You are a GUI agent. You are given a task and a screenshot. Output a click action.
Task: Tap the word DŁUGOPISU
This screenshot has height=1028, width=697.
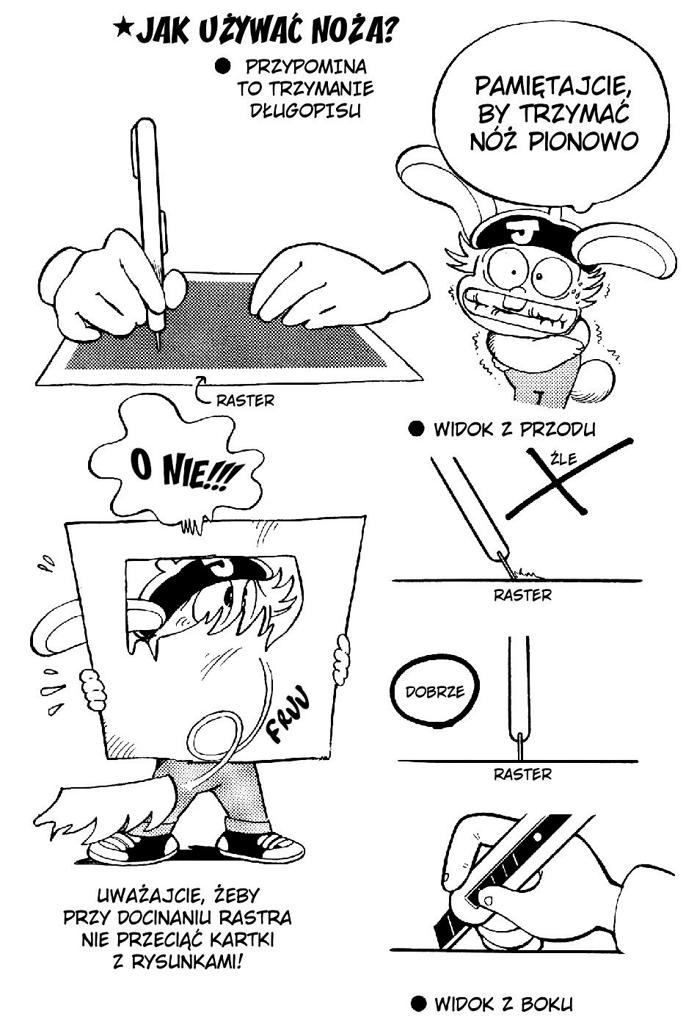pos(305,111)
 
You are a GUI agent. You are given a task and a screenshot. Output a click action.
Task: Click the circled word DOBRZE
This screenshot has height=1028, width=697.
pos(434,692)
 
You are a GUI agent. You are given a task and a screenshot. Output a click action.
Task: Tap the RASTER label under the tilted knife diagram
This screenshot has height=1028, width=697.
pos(522,596)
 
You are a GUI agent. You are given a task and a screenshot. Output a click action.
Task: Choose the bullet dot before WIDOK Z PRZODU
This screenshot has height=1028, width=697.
pos(416,429)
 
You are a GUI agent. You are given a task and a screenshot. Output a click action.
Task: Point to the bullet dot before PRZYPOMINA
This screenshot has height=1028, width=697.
pos(222,67)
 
